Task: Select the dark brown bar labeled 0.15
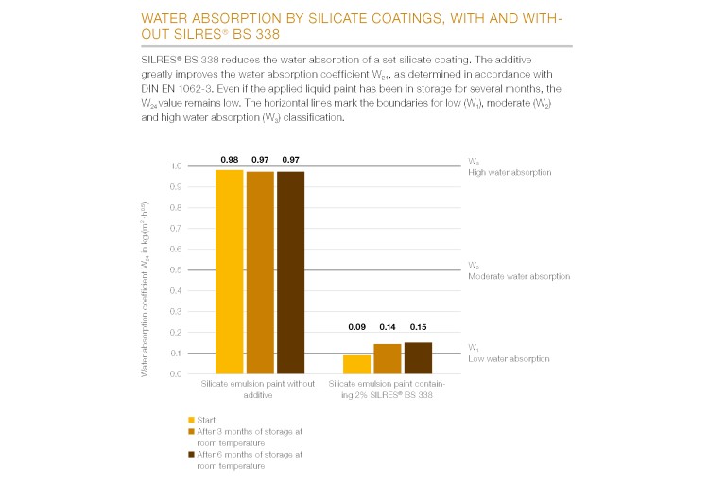click(418, 358)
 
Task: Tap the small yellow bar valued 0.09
click(355, 365)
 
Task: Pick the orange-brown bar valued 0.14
click(387, 359)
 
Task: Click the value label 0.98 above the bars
click(230, 159)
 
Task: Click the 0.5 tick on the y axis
click(176, 270)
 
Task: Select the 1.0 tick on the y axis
click(176, 166)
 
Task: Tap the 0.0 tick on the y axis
click(176, 374)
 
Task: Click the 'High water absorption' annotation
click(510, 173)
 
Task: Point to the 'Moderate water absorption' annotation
click(519, 276)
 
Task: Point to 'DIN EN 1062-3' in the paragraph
click(160, 91)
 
